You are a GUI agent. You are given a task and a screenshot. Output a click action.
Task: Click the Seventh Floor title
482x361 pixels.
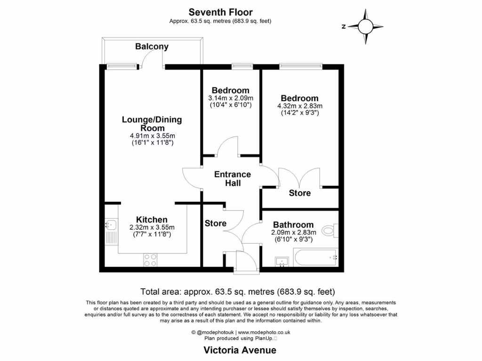pos(220,12)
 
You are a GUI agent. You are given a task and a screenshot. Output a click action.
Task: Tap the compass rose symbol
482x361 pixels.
pos(366,27)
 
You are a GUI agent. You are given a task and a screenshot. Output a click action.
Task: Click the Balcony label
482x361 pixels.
pos(152,47)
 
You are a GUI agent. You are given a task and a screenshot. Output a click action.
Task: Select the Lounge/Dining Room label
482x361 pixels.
pos(152,124)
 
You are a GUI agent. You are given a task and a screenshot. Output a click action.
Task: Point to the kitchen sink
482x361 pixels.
pos(111,225)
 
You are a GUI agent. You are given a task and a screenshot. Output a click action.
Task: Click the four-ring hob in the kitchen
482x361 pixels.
pos(150,260)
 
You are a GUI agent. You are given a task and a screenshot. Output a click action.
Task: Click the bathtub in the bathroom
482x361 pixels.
pos(315,258)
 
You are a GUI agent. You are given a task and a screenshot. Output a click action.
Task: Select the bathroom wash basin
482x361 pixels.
pos(283,261)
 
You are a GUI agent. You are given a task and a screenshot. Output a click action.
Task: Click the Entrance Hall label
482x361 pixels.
pos(233,179)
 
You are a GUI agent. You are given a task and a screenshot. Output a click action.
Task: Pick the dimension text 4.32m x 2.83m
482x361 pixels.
pos(300,106)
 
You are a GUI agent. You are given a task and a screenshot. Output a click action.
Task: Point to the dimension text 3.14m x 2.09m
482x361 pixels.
pos(231,98)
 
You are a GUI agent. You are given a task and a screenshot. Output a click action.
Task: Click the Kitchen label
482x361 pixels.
pos(152,220)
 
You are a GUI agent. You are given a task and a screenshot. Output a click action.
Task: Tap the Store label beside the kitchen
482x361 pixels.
pos(216,223)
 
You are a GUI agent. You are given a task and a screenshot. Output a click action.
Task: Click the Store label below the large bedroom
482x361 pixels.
pos(299,193)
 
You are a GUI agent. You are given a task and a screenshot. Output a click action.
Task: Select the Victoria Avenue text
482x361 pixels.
pos(240,350)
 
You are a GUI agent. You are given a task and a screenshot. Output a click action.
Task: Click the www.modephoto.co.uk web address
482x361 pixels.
pos(267,332)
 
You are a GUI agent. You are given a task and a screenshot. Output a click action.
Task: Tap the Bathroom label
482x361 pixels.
pos(293,225)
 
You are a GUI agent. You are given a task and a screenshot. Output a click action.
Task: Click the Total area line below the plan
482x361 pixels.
pos(238,291)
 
